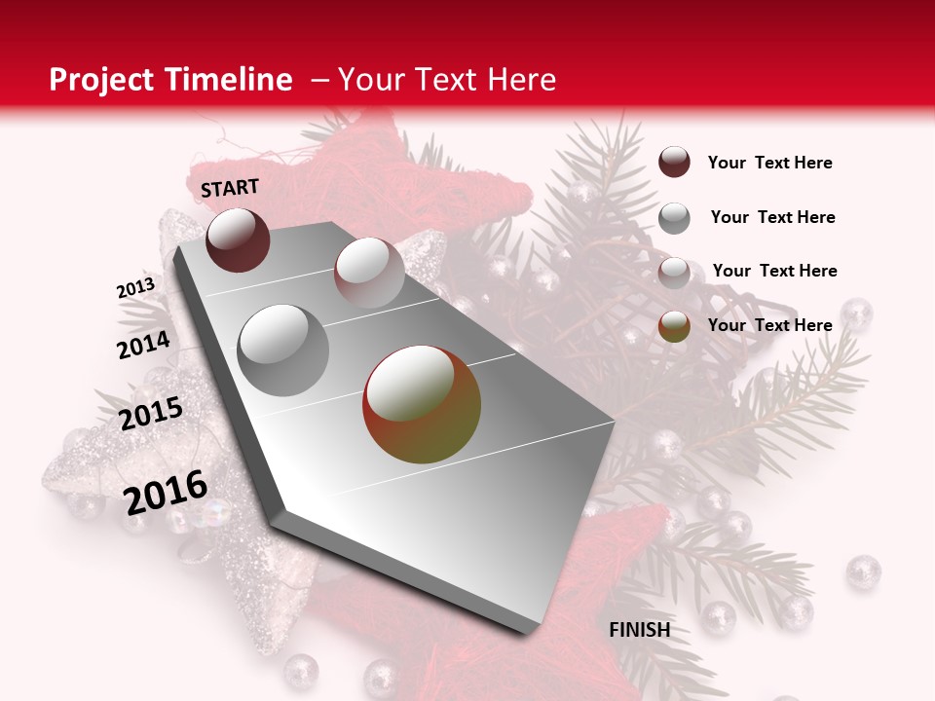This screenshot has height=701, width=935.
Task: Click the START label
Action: [230, 188]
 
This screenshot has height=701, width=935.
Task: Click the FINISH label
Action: [639, 630]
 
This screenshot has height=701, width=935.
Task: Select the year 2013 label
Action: [135, 288]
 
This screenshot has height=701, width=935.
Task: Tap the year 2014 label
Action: [143, 345]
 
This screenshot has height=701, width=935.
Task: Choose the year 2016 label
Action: [166, 492]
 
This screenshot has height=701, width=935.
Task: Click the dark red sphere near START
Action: [238, 240]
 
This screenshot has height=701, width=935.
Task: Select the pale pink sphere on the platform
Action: [368, 272]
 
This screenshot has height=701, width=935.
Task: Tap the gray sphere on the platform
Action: [283, 350]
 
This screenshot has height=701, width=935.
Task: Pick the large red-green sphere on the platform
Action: [422, 404]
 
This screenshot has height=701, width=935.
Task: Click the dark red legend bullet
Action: [674, 163]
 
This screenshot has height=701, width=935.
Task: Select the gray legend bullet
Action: [674, 217]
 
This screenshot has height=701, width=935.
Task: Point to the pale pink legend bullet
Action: [674, 272]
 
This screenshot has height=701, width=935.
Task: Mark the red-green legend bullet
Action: [674, 326]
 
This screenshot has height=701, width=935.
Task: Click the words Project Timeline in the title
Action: [170, 80]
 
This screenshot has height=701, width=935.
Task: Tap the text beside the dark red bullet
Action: [769, 163]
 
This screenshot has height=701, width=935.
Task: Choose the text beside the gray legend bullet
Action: [772, 217]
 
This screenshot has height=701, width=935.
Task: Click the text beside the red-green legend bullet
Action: [769, 325]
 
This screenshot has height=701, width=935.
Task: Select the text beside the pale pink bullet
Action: [774, 271]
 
